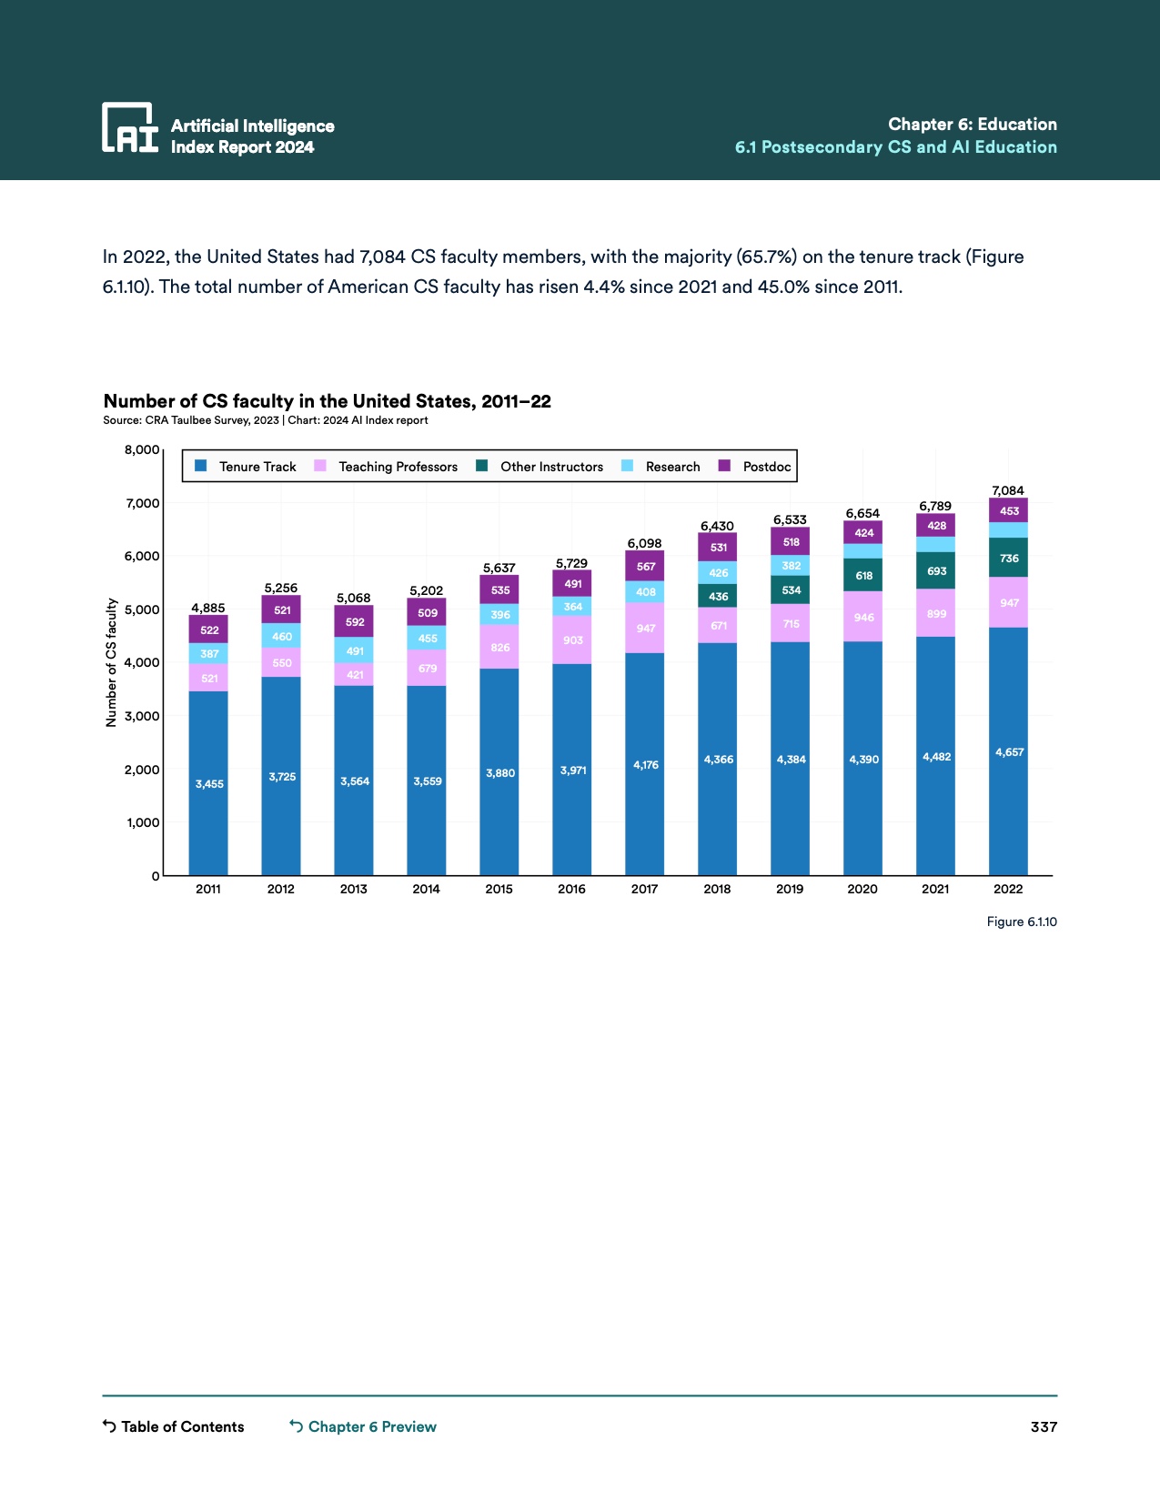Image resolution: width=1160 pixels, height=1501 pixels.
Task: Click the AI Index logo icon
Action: [130, 127]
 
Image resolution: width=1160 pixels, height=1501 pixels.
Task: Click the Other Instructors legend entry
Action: [540, 467]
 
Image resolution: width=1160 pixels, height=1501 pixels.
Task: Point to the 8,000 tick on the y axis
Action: [142, 449]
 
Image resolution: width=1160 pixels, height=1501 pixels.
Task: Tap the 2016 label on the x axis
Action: [571, 889]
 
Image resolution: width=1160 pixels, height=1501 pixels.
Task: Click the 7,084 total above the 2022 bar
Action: [1008, 490]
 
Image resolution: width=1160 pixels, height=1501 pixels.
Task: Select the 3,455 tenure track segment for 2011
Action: [208, 783]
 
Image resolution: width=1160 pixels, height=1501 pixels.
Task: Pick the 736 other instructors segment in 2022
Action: [1009, 558]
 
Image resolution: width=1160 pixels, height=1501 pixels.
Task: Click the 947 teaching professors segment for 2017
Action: [645, 628]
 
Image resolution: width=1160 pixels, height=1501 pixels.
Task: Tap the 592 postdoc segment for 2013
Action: [354, 622]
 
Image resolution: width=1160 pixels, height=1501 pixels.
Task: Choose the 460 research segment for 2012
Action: [281, 636]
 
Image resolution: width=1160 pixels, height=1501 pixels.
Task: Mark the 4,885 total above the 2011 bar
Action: [207, 608]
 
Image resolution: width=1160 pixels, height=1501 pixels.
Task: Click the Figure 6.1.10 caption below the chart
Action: [1022, 922]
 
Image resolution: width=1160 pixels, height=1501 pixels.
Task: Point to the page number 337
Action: [1044, 1426]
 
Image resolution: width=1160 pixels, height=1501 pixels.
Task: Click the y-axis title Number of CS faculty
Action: [111, 662]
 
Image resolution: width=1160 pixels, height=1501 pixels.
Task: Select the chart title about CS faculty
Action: [328, 401]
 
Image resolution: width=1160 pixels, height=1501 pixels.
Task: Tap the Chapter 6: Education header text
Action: [972, 125]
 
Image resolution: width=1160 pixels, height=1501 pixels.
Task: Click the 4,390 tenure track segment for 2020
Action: [863, 759]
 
